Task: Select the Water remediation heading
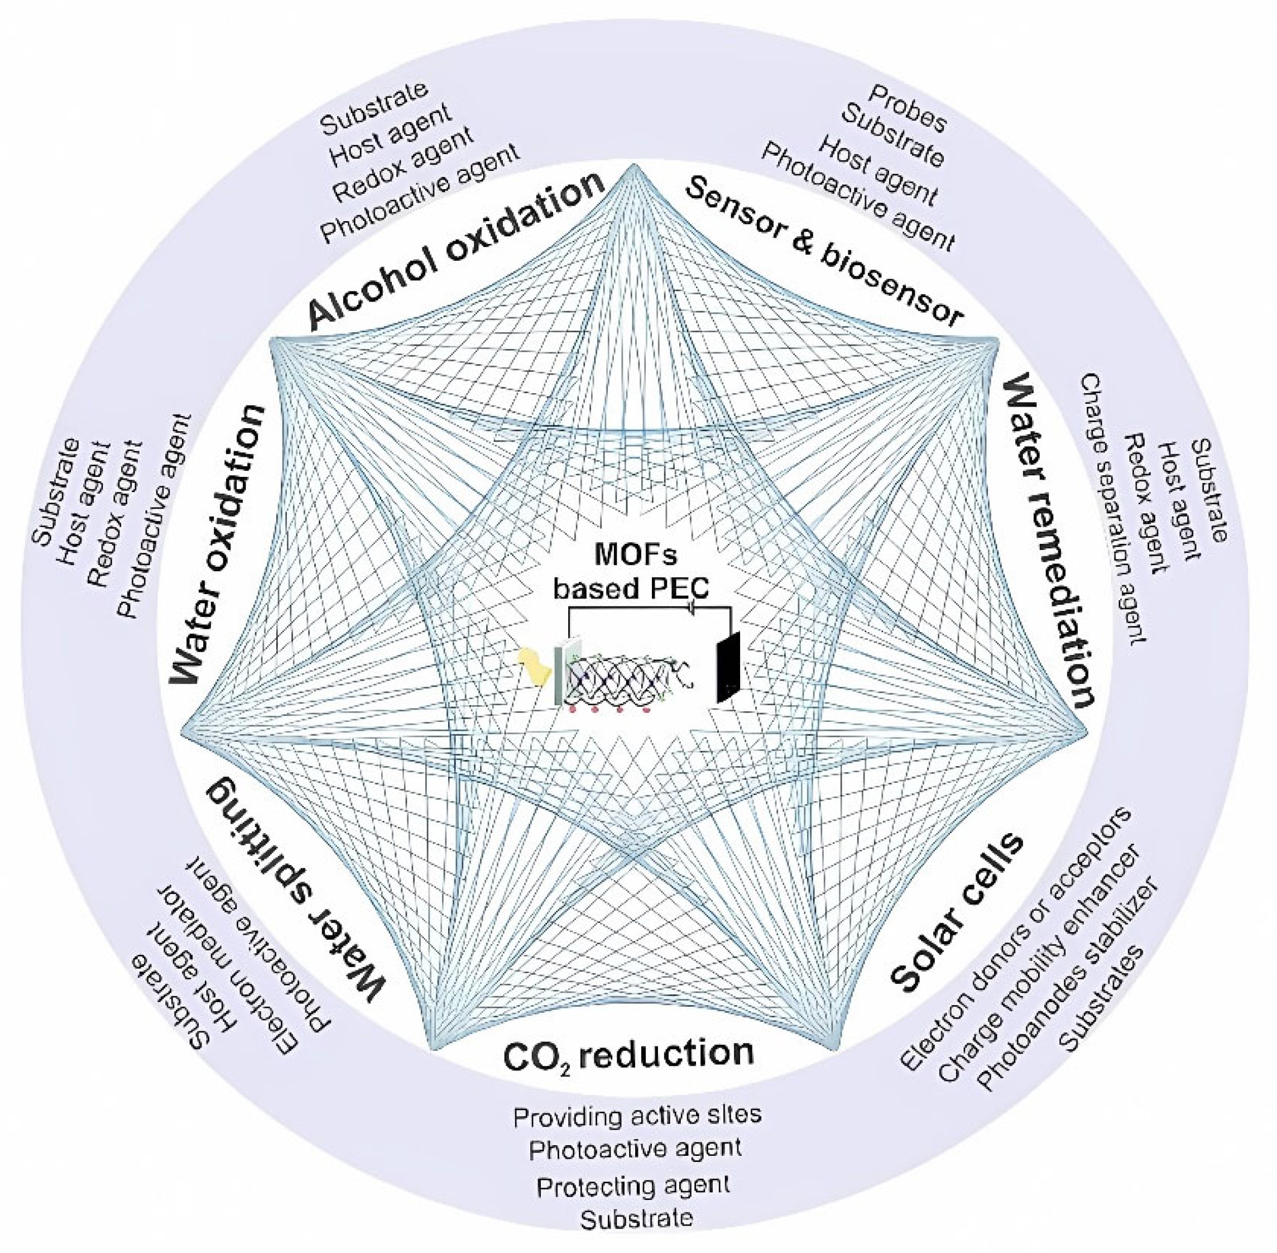1046,539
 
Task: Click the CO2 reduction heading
628,1054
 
